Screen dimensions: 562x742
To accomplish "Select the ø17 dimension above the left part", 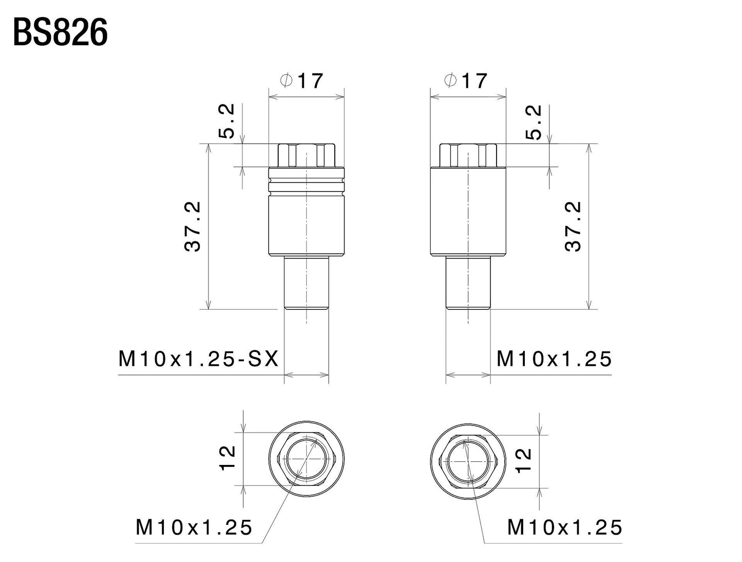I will pyautogui.click(x=302, y=81).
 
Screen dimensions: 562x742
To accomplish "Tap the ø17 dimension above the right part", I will pyautogui.click(x=465, y=81).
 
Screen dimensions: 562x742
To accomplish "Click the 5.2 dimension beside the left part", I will pyautogui.click(x=226, y=122).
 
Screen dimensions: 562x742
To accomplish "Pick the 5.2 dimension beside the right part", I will pyautogui.click(x=534, y=123).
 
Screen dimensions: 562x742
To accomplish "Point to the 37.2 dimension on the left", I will pyautogui.click(x=193, y=226).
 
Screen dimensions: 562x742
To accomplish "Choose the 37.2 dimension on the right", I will pyautogui.click(x=574, y=226).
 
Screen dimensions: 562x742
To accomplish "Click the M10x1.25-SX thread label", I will pyautogui.click(x=198, y=359).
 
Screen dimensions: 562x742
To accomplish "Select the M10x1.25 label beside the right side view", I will pyautogui.click(x=554, y=359).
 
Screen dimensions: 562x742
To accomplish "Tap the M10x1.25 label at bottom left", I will pyautogui.click(x=194, y=527).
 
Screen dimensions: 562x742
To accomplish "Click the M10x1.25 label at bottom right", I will pyautogui.click(x=565, y=527).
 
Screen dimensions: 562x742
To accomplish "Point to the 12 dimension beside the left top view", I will pyautogui.click(x=226, y=457).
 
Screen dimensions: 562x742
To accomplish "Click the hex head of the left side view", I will pyautogui.click(x=306, y=155).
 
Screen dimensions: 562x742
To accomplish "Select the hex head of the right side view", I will pyautogui.click(x=468, y=155).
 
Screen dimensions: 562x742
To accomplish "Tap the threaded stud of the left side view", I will pyautogui.click(x=306, y=284).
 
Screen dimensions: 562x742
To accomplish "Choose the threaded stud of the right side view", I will pyautogui.click(x=468, y=284).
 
